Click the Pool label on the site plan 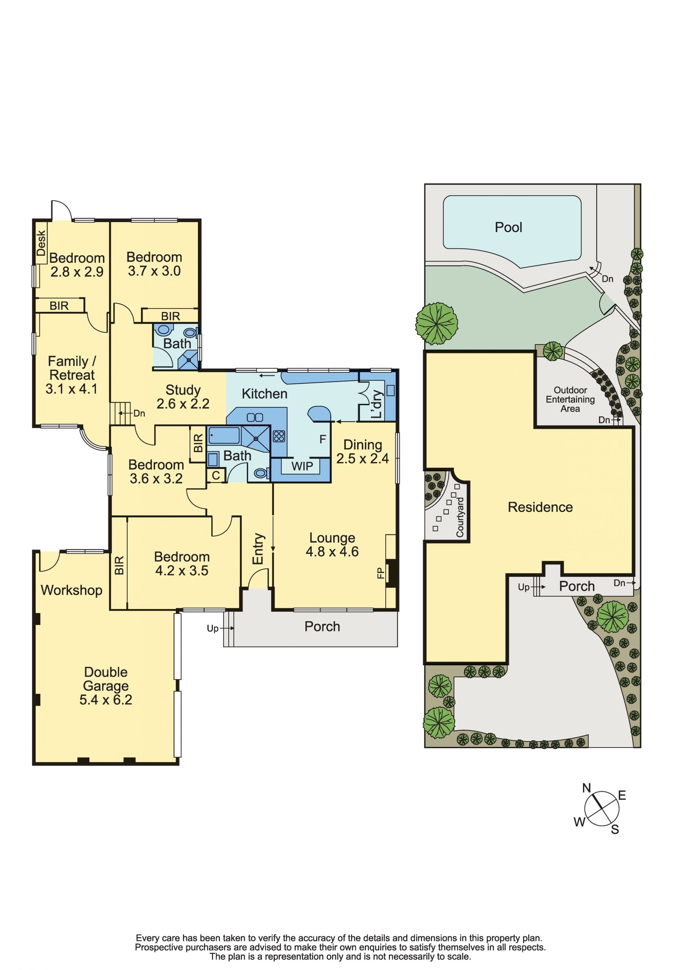coord(508,227)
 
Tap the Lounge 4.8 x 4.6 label coord(333,544)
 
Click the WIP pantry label coord(303,466)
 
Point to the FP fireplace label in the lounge coord(381,573)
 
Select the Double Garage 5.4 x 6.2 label coord(106,686)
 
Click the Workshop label coord(71,590)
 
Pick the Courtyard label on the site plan coord(460,518)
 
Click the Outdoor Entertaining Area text coord(570,399)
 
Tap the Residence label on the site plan coord(540,507)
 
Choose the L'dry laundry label coord(377,404)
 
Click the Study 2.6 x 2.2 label coord(183,397)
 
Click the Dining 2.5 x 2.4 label coord(363,451)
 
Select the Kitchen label coord(264,394)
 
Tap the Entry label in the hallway coord(258,548)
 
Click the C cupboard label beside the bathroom coord(216,475)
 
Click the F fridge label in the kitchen coord(323,439)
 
